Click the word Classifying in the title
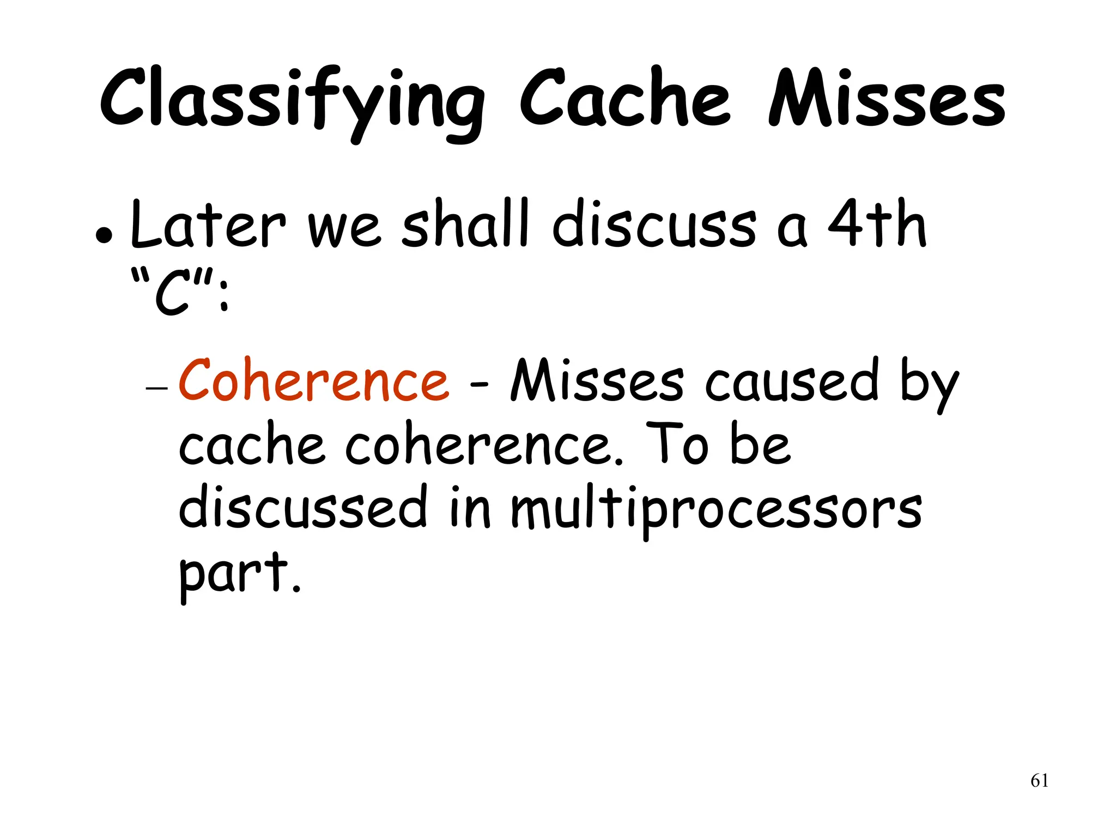point(292,101)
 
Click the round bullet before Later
point(104,236)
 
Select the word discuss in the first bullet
point(654,225)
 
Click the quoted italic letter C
point(173,295)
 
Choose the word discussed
point(303,507)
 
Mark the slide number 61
point(1039,781)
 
